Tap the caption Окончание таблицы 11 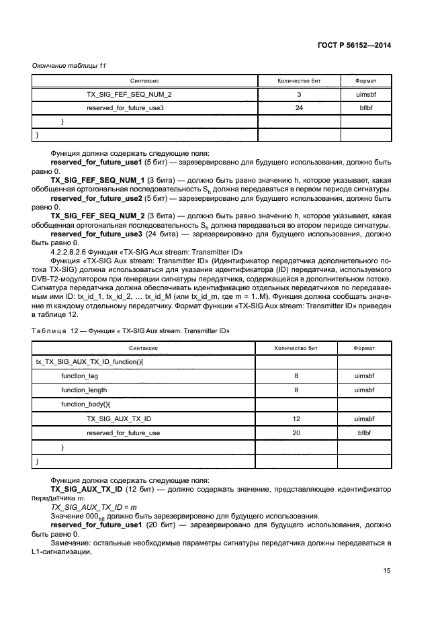tap(69, 65)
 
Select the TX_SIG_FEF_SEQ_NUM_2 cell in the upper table tap(129, 95)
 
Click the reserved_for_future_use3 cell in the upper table tap(126, 107)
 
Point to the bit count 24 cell tap(299, 107)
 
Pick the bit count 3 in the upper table tap(299, 95)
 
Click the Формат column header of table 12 tap(365, 349)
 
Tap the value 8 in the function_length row tap(296, 390)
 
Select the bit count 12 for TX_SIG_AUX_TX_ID tap(296, 418)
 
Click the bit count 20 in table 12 tap(296, 433)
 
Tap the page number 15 tap(387, 571)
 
